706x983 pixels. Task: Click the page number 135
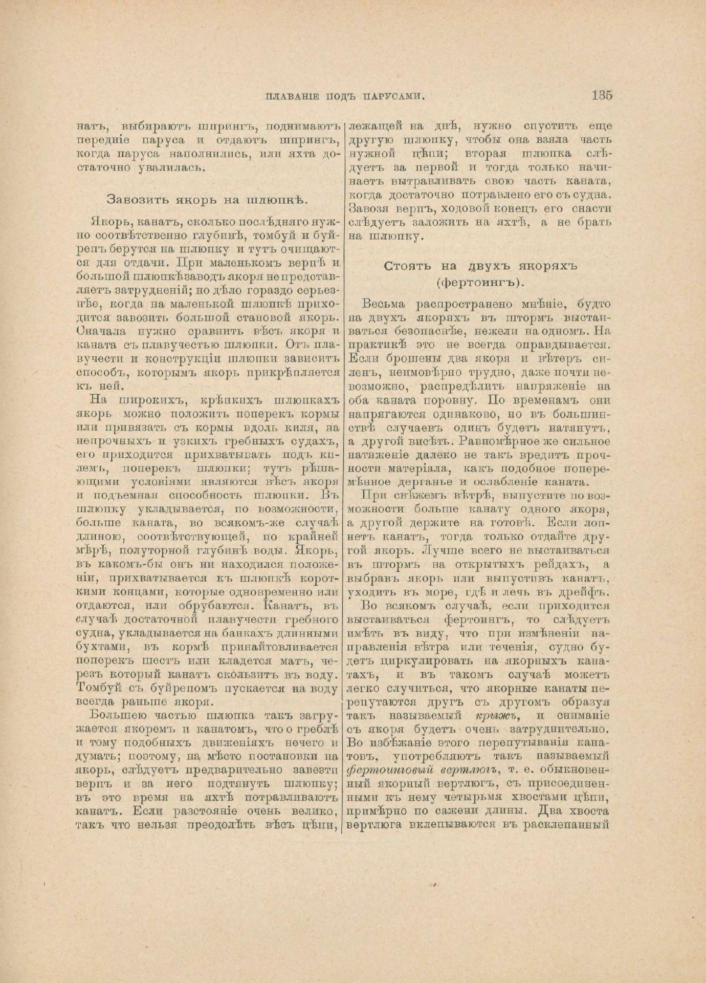pos(602,95)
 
